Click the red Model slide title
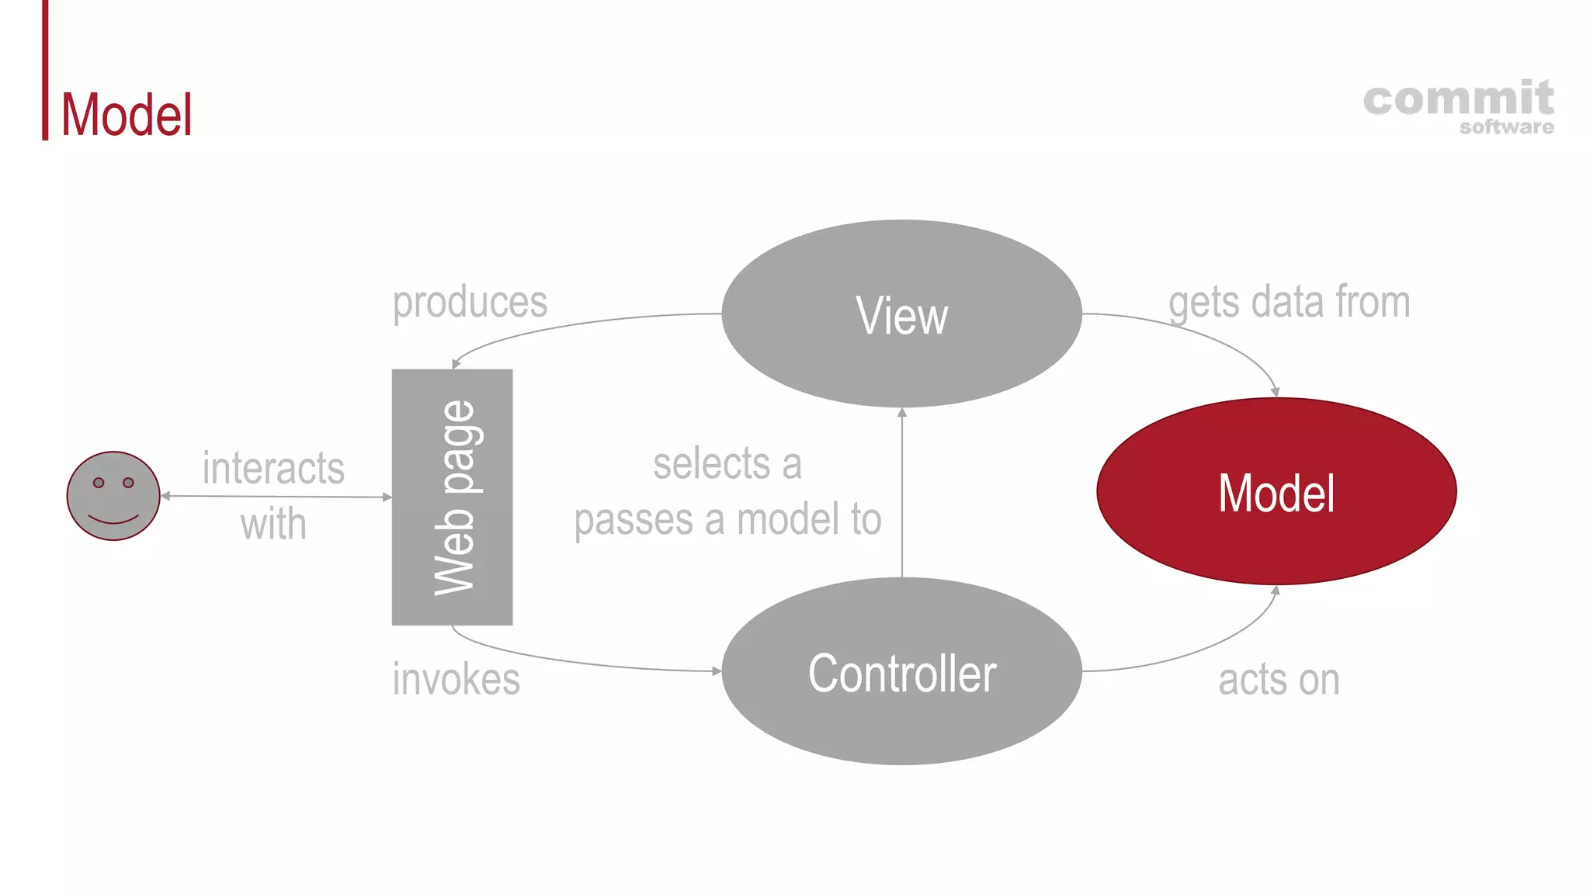coord(127,115)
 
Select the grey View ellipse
coord(901,314)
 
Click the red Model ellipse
coord(1276,492)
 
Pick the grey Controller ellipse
coord(901,672)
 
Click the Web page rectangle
coord(452,497)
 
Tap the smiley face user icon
coord(113,496)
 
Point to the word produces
coord(470,302)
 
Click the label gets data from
coord(1289,302)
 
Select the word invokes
coord(456,679)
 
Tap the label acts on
coord(1279,680)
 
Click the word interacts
coord(273,468)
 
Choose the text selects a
coord(727,464)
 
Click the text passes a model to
coord(727,519)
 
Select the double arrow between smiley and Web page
coord(276,496)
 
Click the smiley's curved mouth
coord(113,519)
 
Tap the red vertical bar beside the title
coord(45,70)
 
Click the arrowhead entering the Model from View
coord(1275,393)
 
